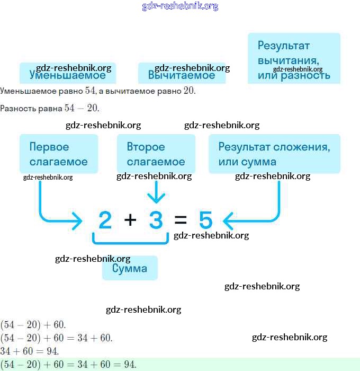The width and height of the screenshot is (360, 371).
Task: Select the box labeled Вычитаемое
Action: pos(182,74)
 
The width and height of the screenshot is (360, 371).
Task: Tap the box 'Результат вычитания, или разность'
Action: pos(294,59)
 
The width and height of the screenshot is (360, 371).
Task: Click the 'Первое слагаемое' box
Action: pos(59,154)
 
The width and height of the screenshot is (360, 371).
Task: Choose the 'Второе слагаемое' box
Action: pos(156,154)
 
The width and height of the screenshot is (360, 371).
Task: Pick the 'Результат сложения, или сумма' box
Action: pos(274,154)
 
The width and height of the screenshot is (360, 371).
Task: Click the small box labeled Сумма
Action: pos(130,268)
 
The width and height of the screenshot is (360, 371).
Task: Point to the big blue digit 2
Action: pos(105,220)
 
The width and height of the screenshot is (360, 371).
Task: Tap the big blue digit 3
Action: pos(156,220)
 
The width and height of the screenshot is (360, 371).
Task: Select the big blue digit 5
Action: pos(205,220)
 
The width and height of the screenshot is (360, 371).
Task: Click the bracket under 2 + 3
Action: pos(130,241)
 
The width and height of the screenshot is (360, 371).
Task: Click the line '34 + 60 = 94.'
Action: pos(29,351)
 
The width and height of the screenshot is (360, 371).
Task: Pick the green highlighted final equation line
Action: pos(69,364)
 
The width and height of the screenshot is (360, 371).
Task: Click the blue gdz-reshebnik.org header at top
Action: pos(180,6)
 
